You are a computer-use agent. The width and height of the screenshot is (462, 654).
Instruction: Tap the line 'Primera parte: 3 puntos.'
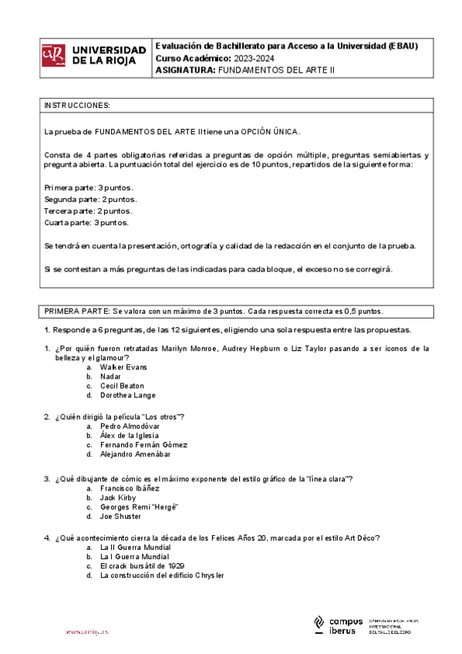[x=89, y=187]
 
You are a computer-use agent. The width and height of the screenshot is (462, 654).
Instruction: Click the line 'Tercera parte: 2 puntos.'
[x=88, y=211]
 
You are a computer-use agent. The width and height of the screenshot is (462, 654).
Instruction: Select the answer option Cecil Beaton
[x=122, y=386]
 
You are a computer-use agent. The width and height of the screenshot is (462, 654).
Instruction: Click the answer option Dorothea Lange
[x=127, y=395]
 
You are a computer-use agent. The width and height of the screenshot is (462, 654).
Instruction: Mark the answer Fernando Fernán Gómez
[x=143, y=444]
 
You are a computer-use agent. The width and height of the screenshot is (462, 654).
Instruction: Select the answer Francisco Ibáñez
[x=130, y=488]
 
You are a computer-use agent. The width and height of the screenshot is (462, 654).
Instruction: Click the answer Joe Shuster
[x=120, y=516]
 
